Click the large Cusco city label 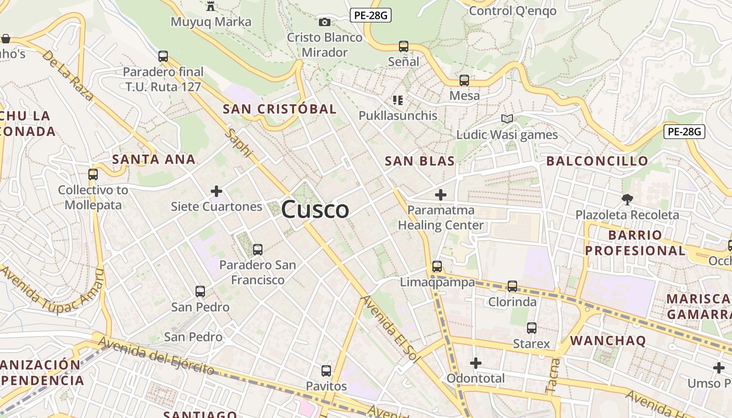(315, 210)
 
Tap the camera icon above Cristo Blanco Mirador (325, 22)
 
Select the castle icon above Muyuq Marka (211, 6)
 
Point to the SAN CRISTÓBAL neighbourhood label (279, 109)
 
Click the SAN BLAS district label (420, 161)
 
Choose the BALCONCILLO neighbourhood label (597, 161)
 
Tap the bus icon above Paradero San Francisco (257, 250)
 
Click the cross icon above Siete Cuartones (216, 191)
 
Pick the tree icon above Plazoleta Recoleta (627, 199)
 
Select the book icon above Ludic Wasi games (507, 119)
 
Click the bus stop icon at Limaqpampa (437, 266)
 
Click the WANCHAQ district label (608, 341)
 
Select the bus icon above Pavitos (326, 371)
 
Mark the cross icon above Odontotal (475, 363)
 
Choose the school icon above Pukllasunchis (398, 100)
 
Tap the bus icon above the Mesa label (464, 80)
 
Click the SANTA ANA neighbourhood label (154, 159)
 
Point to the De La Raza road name (68, 75)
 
